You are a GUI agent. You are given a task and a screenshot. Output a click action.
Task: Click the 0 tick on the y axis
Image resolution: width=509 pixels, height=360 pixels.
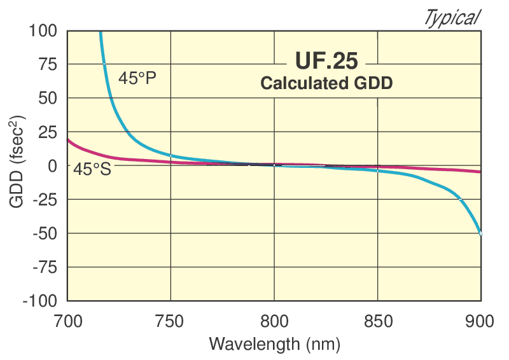click(x=53, y=165)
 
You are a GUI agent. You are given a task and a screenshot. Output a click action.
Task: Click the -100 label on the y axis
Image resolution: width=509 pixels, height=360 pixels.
click(x=40, y=301)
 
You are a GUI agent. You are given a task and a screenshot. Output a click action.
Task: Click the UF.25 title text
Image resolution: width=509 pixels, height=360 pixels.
click(x=326, y=62)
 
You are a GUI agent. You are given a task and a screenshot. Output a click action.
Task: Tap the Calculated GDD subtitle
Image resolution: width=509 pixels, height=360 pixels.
click(x=326, y=83)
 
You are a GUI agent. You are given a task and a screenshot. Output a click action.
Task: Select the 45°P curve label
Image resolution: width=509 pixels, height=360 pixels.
click(x=137, y=79)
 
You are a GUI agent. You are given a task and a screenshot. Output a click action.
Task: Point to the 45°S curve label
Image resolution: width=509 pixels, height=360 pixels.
click(x=92, y=170)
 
